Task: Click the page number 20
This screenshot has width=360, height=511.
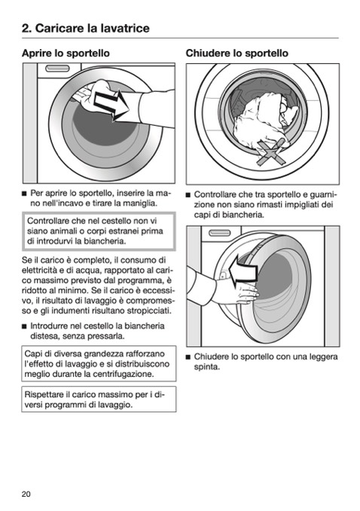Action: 26,494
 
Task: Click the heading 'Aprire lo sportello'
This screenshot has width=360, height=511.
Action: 66,53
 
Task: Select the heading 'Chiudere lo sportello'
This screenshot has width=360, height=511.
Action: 236,53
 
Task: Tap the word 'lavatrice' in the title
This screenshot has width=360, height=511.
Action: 126,28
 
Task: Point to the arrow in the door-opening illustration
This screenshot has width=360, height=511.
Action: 111,104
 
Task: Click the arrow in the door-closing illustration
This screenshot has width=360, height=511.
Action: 243,271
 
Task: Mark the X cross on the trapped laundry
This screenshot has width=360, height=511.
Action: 271,152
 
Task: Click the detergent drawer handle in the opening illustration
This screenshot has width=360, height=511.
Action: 58,69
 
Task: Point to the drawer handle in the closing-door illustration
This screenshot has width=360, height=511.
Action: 219,233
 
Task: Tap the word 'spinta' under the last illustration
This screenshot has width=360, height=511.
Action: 206,367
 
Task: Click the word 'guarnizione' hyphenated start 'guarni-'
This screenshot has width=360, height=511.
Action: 323,194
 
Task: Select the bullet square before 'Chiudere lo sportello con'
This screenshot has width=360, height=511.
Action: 188,357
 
